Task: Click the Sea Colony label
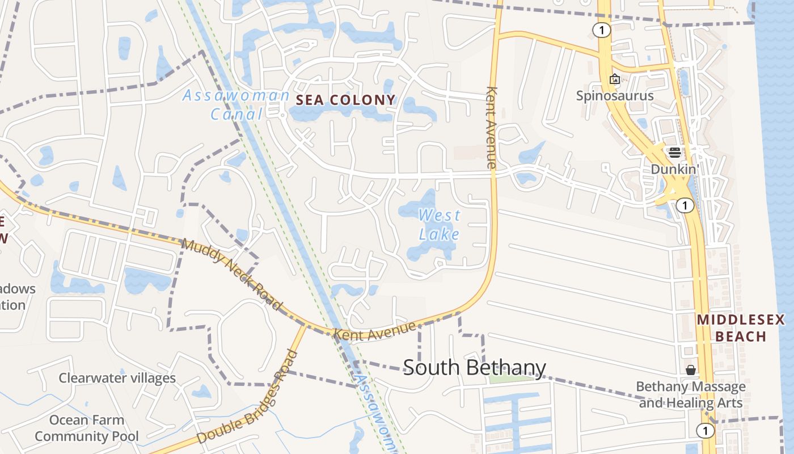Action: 345,100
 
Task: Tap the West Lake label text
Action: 439,225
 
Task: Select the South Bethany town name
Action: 474,368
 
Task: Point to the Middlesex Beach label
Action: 732,328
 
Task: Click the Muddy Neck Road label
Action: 233,275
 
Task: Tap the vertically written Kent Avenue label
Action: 492,127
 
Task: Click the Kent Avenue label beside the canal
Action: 375,331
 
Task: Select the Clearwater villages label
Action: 117,378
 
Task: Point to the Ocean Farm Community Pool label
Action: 87,428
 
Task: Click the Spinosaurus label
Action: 615,95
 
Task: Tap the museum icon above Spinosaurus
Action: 614,79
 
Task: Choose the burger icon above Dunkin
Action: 674,152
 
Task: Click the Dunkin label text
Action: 673,169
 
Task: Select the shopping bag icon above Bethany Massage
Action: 690,370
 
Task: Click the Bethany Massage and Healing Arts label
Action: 691,395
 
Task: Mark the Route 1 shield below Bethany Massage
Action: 705,431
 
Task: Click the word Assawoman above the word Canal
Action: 236,95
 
